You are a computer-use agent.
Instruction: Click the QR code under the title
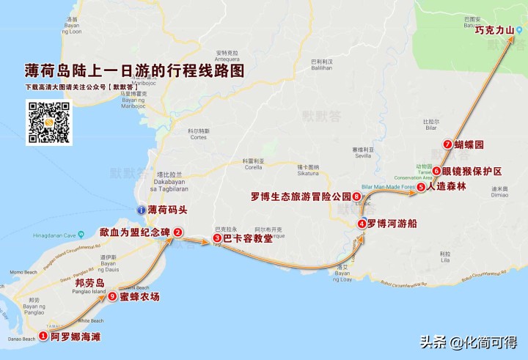48,122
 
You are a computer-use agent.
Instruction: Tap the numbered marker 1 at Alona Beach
43,337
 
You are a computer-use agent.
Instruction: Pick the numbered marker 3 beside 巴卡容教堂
217,238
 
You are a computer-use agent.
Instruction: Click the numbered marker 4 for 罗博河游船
362,224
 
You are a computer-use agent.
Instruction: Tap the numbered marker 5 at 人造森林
421,187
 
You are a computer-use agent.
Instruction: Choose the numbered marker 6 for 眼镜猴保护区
436,172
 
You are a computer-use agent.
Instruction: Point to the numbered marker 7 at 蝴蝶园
447,145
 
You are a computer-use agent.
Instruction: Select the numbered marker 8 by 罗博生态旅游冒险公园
356,196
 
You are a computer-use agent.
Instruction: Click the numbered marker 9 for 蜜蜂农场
112,297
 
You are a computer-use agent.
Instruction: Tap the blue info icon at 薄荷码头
142,210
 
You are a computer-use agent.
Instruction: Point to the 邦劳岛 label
90,282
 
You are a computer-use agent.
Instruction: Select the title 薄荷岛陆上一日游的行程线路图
133,72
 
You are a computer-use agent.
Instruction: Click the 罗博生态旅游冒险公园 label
301,196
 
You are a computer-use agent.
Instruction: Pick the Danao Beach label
18,339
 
